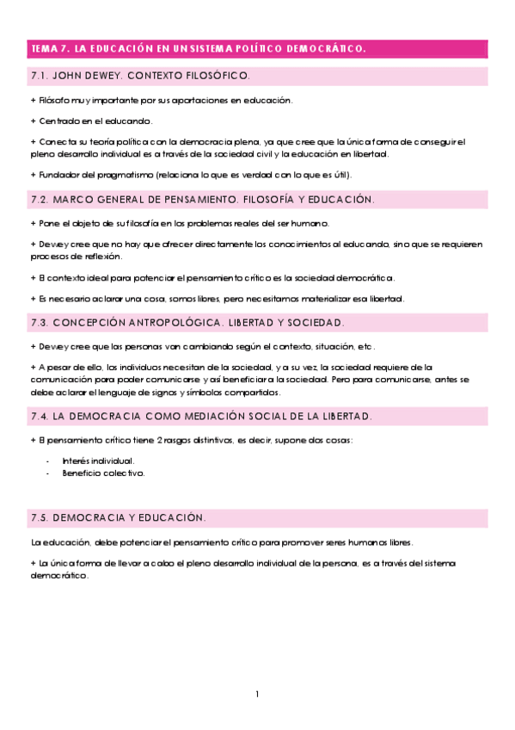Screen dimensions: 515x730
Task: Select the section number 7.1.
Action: point(40,76)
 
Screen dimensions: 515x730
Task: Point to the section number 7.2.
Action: point(40,200)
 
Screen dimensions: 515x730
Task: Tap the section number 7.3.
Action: point(40,323)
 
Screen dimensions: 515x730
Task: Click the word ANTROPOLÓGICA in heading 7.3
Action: point(158,323)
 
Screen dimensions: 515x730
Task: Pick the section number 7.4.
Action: point(40,417)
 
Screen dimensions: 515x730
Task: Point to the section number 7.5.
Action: point(40,519)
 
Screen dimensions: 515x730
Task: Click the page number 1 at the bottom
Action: point(257,694)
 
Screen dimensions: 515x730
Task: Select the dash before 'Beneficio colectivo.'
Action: point(48,473)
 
